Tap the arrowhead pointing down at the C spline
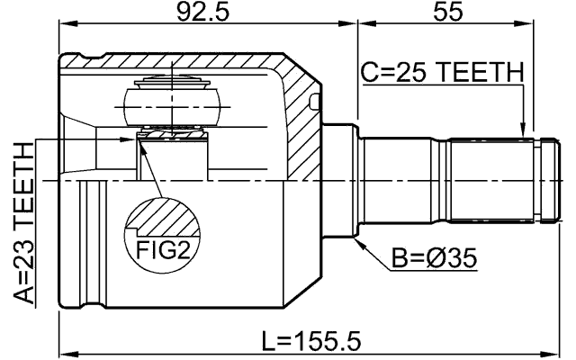tap(522, 134)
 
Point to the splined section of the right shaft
tap(490, 180)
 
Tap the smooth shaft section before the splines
tap(405, 180)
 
